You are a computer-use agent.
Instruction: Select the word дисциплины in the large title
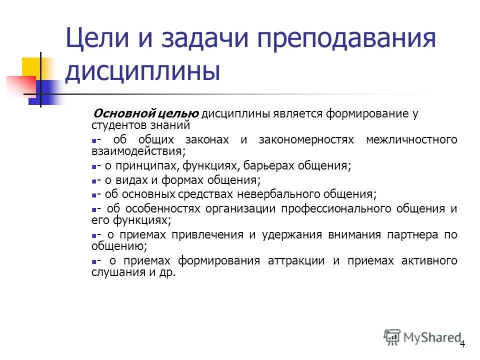point(143,71)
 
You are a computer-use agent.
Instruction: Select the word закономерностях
point(306,139)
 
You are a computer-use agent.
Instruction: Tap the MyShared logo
point(421,337)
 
